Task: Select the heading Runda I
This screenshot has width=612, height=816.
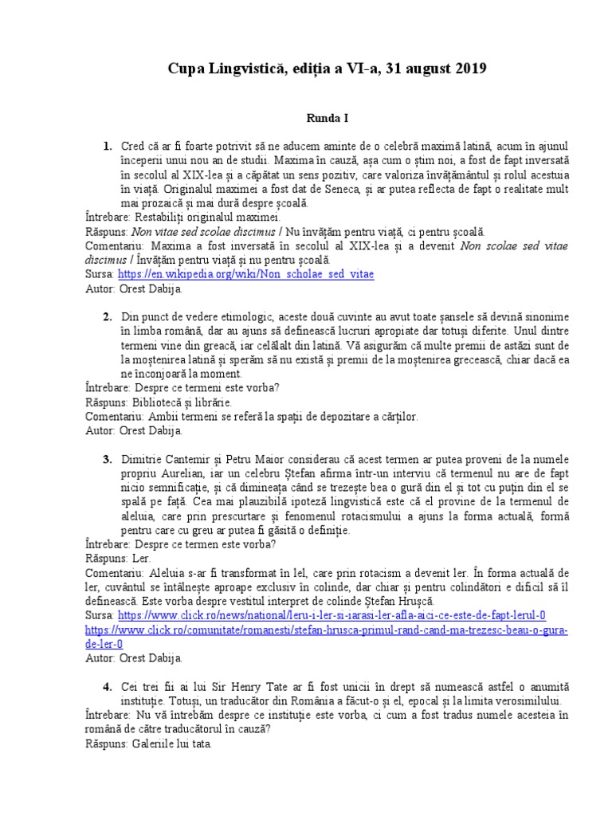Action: [x=328, y=118]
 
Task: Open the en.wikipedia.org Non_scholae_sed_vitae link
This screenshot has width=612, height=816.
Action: [x=246, y=273]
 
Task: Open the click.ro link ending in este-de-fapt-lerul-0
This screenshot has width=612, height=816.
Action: [x=331, y=616]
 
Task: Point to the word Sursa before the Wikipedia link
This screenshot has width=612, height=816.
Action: [x=100, y=273]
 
